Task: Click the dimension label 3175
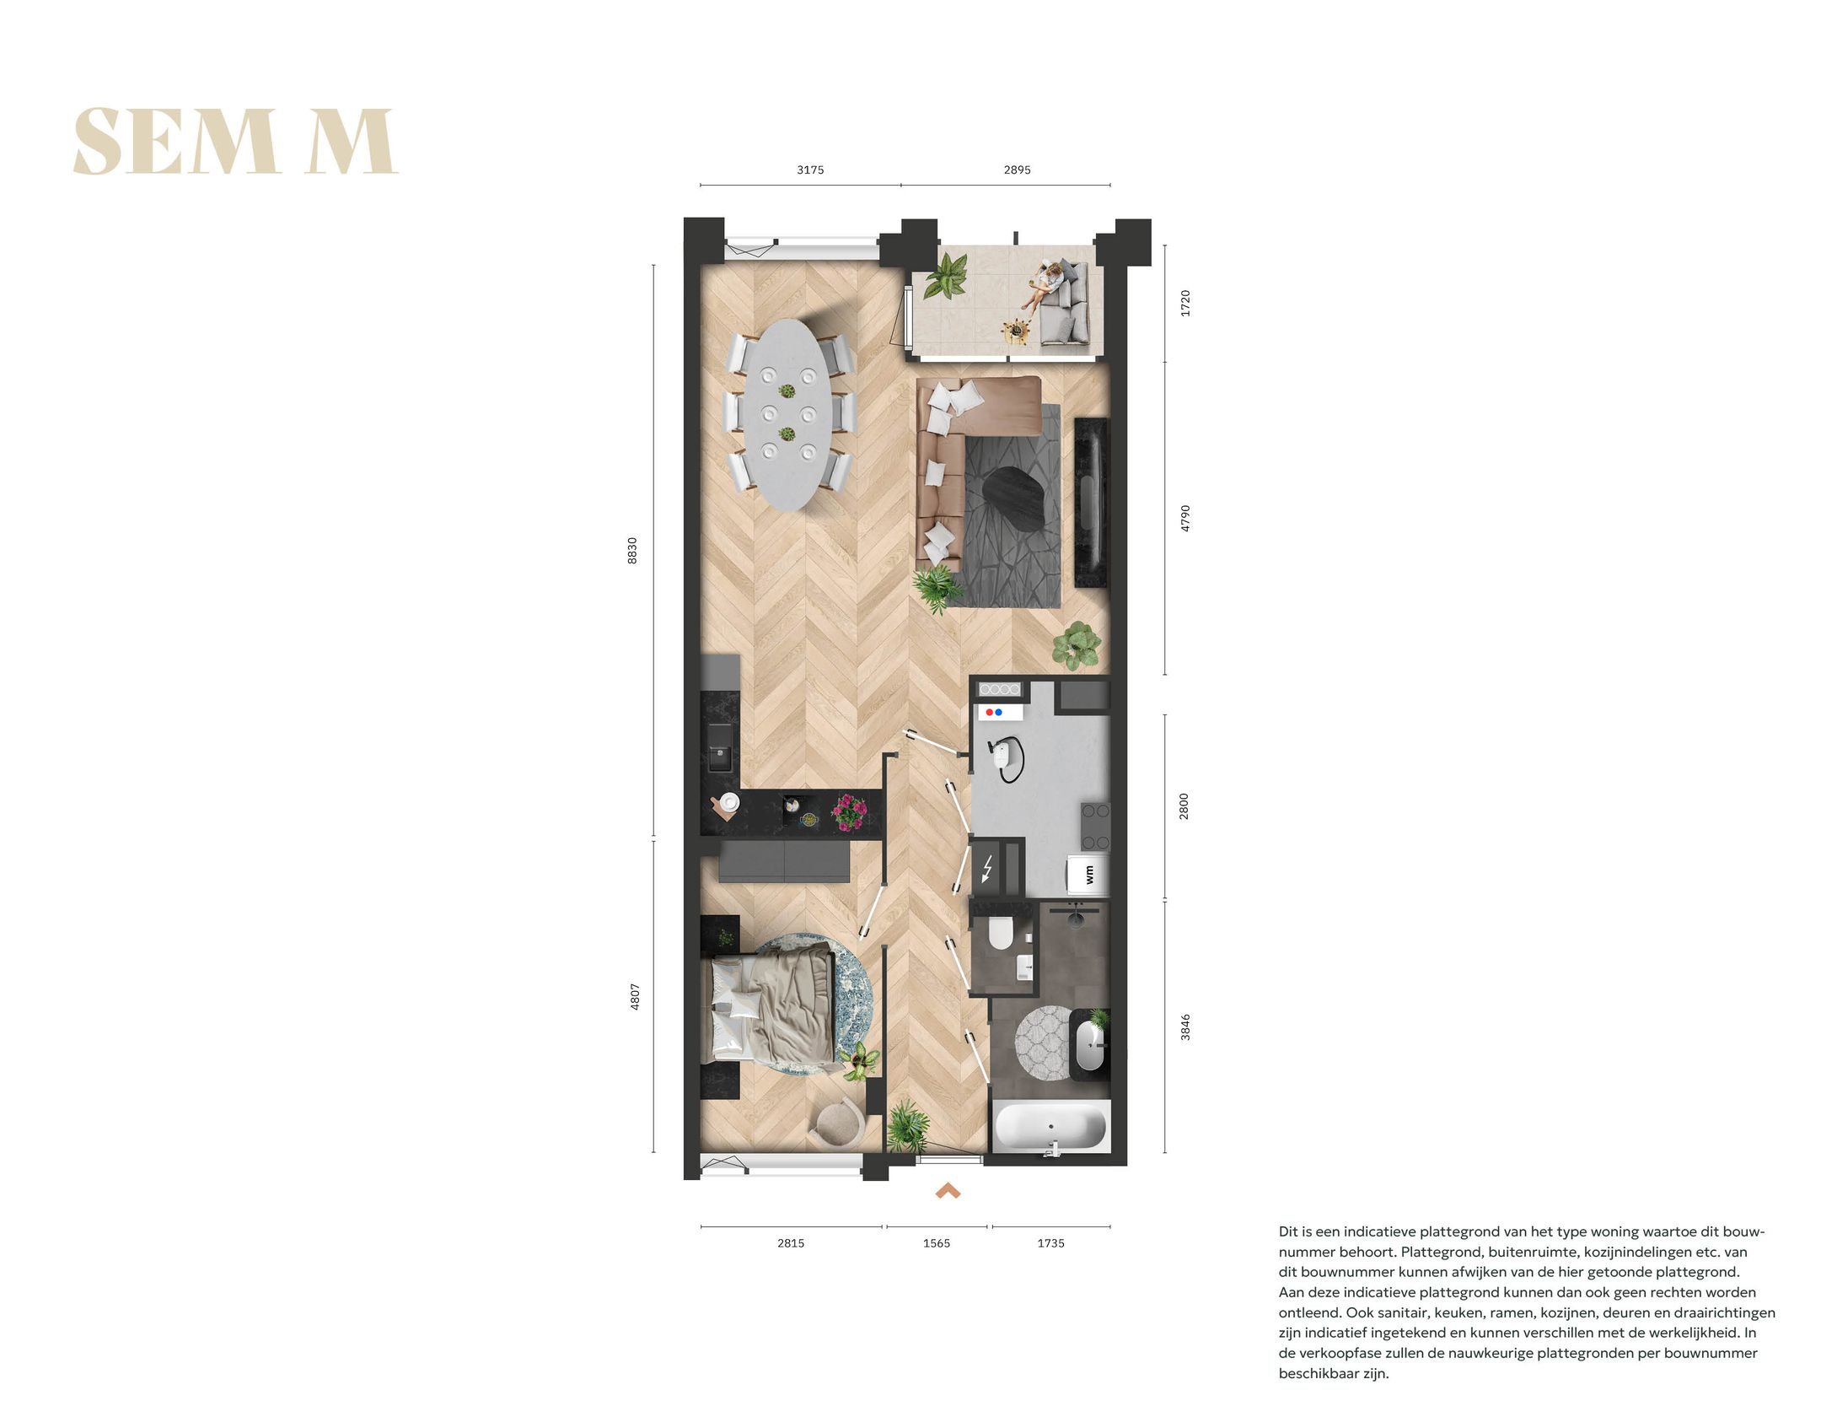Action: point(809,170)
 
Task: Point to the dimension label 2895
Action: point(1017,170)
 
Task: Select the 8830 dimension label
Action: point(633,550)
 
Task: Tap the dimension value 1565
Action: point(936,1243)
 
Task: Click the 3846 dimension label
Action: point(1184,1026)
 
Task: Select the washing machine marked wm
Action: point(1088,874)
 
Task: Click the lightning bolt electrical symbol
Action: point(987,869)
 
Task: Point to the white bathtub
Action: point(1050,1127)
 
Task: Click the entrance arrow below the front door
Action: point(948,1191)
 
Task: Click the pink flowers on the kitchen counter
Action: point(848,811)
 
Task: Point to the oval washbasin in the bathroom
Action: point(1088,1046)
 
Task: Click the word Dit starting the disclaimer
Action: point(1290,1231)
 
